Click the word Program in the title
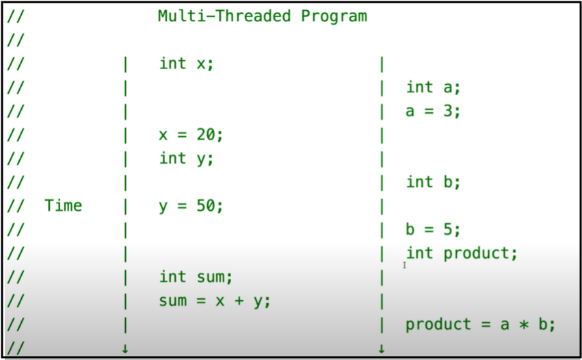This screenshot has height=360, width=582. [334, 16]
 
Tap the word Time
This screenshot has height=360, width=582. [63, 205]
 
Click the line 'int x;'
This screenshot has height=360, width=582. [186, 64]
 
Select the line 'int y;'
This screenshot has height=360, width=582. [186, 159]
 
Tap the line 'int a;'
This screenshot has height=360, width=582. [433, 87]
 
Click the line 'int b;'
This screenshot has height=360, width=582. [433, 182]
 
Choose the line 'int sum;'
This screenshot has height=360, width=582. [196, 277]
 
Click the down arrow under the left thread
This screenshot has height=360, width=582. [125, 349]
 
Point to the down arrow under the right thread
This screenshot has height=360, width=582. [381, 349]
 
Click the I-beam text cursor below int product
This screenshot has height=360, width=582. [404, 265]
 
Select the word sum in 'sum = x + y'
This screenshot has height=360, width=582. [173, 301]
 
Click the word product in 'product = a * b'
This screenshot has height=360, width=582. [438, 325]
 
